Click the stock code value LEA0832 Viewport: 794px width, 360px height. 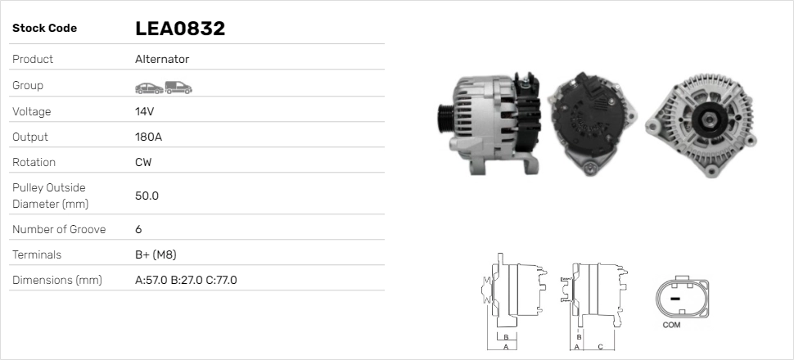click(180, 29)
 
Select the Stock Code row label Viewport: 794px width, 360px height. click(44, 29)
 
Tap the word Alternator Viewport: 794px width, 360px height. click(162, 60)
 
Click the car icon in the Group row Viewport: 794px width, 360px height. click(148, 86)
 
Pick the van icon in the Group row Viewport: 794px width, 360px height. click(178, 86)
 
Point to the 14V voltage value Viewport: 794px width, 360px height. click(145, 111)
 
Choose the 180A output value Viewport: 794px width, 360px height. click(148, 137)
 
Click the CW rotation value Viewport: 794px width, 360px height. click(143, 162)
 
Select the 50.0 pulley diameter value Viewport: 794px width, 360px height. click(147, 196)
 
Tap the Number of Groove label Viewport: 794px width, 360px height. click(59, 229)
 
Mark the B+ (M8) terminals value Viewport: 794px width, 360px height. click(156, 254)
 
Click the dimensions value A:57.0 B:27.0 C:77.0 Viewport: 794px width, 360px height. click(186, 281)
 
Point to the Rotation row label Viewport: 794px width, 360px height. click(34, 162)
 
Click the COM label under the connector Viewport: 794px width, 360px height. click(671, 326)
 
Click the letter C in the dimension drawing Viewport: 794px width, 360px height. click(600, 347)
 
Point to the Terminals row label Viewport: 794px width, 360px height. click(37, 254)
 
